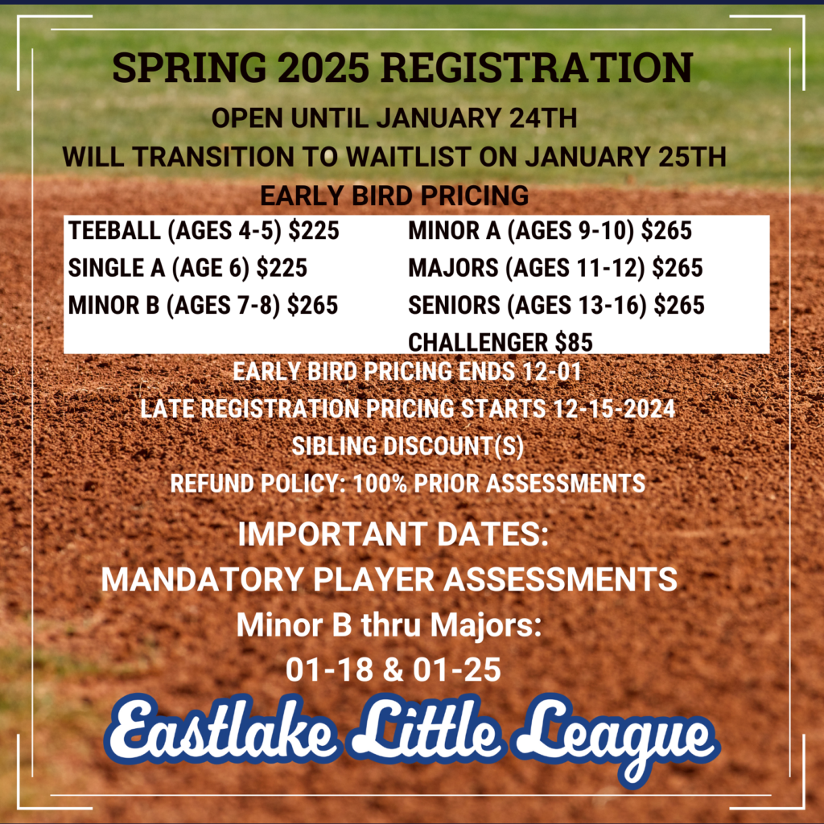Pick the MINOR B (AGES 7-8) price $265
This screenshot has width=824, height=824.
(312, 306)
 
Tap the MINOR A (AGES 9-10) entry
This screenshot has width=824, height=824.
(550, 232)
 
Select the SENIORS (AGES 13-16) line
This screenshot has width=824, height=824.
(556, 306)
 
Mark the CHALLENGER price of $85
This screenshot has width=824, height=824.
(574, 343)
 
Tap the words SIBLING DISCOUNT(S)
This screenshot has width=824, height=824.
(411, 446)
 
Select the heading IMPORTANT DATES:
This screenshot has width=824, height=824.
(393, 536)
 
